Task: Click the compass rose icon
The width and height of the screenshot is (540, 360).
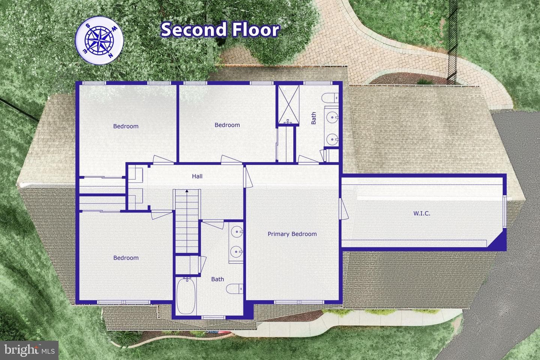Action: (x=99, y=40)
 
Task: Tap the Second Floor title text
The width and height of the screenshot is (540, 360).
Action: (x=220, y=29)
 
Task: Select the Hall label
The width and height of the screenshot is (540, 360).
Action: (x=197, y=176)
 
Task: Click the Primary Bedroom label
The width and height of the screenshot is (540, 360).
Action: (x=292, y=234)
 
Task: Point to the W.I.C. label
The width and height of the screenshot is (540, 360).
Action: (x=422, y=213)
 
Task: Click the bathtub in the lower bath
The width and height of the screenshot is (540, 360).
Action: (x=186, y=296)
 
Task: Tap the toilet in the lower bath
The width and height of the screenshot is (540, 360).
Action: (x=235, y=289)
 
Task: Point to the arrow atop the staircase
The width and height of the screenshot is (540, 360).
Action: (x=187, y=191)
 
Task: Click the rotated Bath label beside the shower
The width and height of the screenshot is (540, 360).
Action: (x=313, y=118)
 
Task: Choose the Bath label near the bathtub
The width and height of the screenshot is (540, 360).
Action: (x=217, y=279)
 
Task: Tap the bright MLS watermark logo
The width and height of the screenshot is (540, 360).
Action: (x=29, y=350)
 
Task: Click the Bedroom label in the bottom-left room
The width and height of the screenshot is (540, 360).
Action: (x=126, y=258)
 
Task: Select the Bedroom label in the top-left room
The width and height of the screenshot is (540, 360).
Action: (x=126, y=126)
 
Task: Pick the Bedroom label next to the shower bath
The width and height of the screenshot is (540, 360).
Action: (x=227, y=125)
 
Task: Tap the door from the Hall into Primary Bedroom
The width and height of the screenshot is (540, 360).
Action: (x=247, y=177)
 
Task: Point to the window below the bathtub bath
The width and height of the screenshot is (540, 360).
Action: (x=213, y=317)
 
